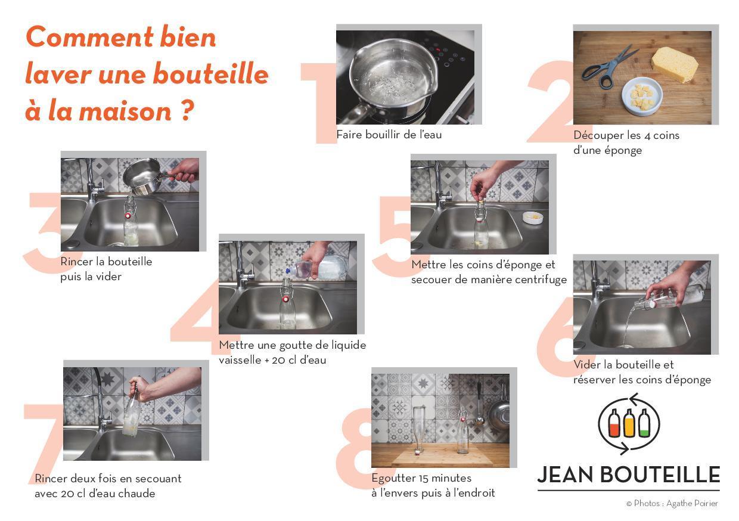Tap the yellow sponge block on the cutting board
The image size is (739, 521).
click(x=675, y=64)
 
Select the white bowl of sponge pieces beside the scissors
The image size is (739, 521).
click(x=642, y=96)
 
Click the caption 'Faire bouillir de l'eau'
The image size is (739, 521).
click(x=389, y=135)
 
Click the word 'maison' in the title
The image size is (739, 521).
click(x=125, y=111)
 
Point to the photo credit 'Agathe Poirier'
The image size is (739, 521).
click(x=692, y=503)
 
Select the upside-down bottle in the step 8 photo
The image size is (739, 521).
click(x=418, y=430)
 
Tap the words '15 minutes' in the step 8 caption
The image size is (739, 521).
click(x=445, y=477)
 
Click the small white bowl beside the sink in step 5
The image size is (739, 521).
click(x=532, y=218)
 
